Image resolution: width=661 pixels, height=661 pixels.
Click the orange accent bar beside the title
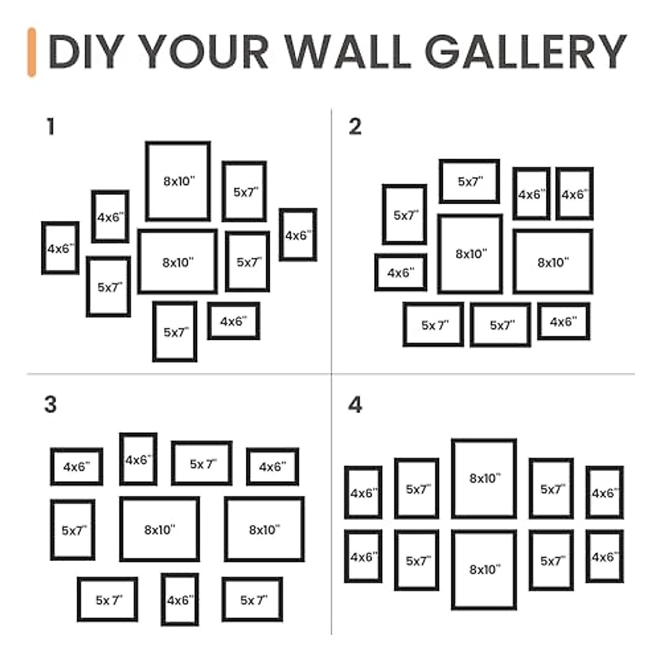coord(32,52)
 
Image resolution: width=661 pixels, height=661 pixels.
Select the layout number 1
coord(51,127)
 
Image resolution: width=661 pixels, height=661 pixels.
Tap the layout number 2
coord(355,127)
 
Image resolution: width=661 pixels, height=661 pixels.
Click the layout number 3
coord(50,404)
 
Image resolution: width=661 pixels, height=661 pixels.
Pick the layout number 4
coord(355,405)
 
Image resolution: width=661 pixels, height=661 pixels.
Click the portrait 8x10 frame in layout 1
coord(178,181)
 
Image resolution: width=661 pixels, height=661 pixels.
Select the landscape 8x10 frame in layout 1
coord(177,262)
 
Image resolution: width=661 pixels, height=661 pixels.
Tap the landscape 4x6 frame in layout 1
coord(234,321)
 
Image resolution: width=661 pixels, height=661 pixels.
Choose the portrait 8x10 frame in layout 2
coord(470,254)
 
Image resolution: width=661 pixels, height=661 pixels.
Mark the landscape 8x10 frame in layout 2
coord(553,262)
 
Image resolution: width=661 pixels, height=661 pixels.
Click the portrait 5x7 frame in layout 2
coord(405,215)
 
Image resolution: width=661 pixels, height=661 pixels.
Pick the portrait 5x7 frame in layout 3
coord(73,530)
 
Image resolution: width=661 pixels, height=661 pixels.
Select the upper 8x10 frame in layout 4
coord(484,479)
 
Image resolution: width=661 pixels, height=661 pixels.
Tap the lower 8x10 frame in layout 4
coord(484,570)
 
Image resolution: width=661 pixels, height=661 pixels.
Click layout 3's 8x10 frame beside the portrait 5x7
coord(160,529)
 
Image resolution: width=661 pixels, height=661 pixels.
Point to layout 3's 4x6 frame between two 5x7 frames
coord(180,600)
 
